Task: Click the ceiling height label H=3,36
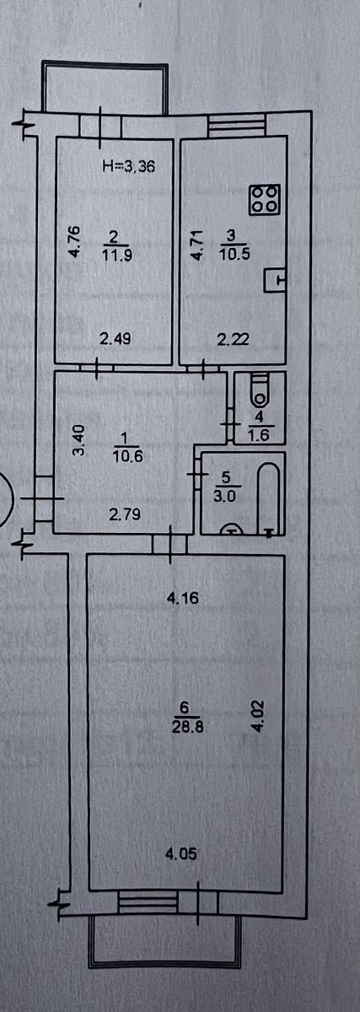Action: (129, 167)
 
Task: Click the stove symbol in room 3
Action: (265, 199)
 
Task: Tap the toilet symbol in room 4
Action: (261, 390)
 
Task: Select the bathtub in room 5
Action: (268, 498)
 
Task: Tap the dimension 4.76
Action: (74, 242)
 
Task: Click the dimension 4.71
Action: (196, 245)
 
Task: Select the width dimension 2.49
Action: (116, 338)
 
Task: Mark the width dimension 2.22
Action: (233, 339)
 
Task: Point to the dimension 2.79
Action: (125, 514)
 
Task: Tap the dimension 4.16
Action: (182, 599)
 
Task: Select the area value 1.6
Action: (259, 434)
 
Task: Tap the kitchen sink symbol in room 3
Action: (275, 281)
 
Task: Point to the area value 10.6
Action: (129, 456)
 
